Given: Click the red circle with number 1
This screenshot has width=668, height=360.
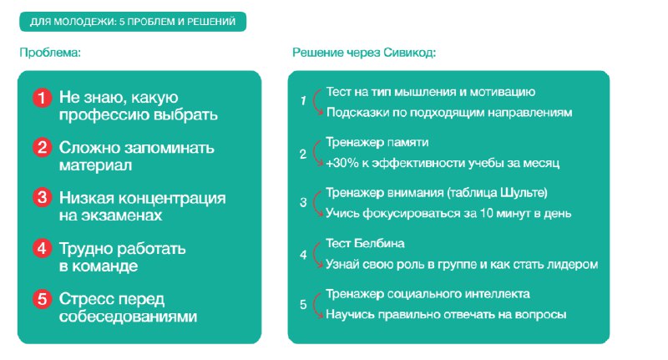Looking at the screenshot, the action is (43, 98).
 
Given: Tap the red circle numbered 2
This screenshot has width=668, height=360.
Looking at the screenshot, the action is (43, 148).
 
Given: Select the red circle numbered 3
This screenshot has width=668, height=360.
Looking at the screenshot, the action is (43, 198).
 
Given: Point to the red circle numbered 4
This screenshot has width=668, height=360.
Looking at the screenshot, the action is (43, 249).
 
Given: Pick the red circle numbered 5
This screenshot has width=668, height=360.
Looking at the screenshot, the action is (43, 299).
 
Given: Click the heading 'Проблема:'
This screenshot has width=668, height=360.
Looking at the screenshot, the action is (50, 53).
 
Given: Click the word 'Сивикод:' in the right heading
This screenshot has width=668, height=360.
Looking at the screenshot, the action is (409, 53).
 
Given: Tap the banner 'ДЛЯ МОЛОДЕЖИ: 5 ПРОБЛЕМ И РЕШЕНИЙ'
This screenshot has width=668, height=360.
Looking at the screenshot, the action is (133, 22).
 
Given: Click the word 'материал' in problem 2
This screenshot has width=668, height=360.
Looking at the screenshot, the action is (95, 165).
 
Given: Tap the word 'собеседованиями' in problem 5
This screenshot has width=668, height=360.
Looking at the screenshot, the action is (129, 317).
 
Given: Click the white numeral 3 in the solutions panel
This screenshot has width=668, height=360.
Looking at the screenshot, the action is (303, 202).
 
